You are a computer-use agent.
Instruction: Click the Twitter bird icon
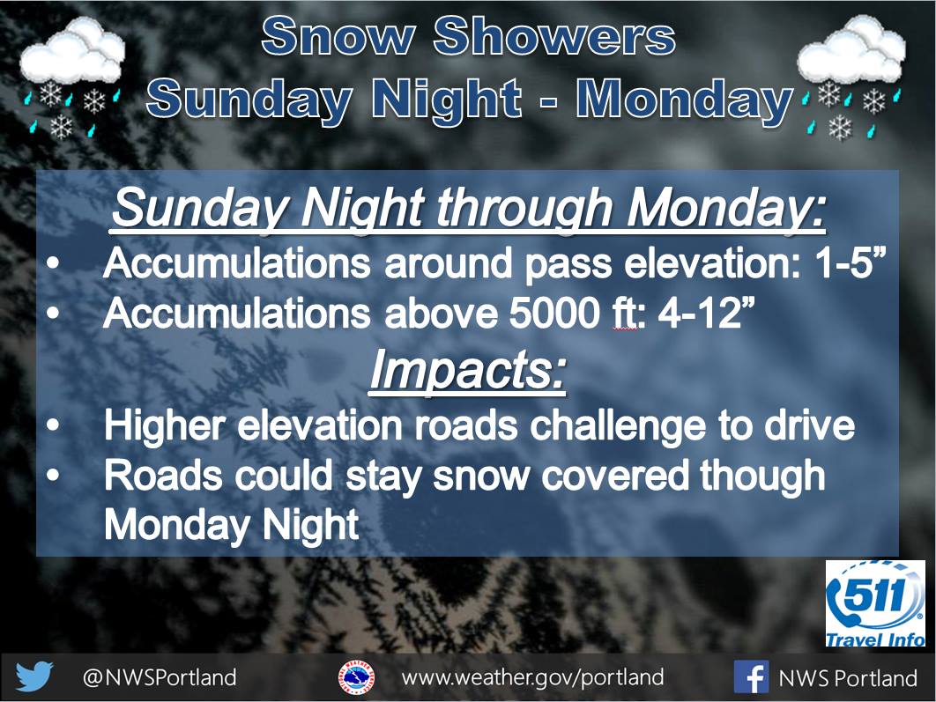point(34,677)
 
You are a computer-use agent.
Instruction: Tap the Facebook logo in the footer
point(751,677)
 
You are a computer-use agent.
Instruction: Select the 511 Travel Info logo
point(875,603)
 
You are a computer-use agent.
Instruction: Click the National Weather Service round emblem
point(357,677)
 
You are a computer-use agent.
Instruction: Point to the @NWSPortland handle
point(160,677)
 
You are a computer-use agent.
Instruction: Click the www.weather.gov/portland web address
point(532,677)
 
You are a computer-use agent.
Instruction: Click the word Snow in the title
point(338,36)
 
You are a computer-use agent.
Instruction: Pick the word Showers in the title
point(554,36)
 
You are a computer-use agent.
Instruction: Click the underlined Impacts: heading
point(467,370)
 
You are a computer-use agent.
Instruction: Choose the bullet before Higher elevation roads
point(53,425)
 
